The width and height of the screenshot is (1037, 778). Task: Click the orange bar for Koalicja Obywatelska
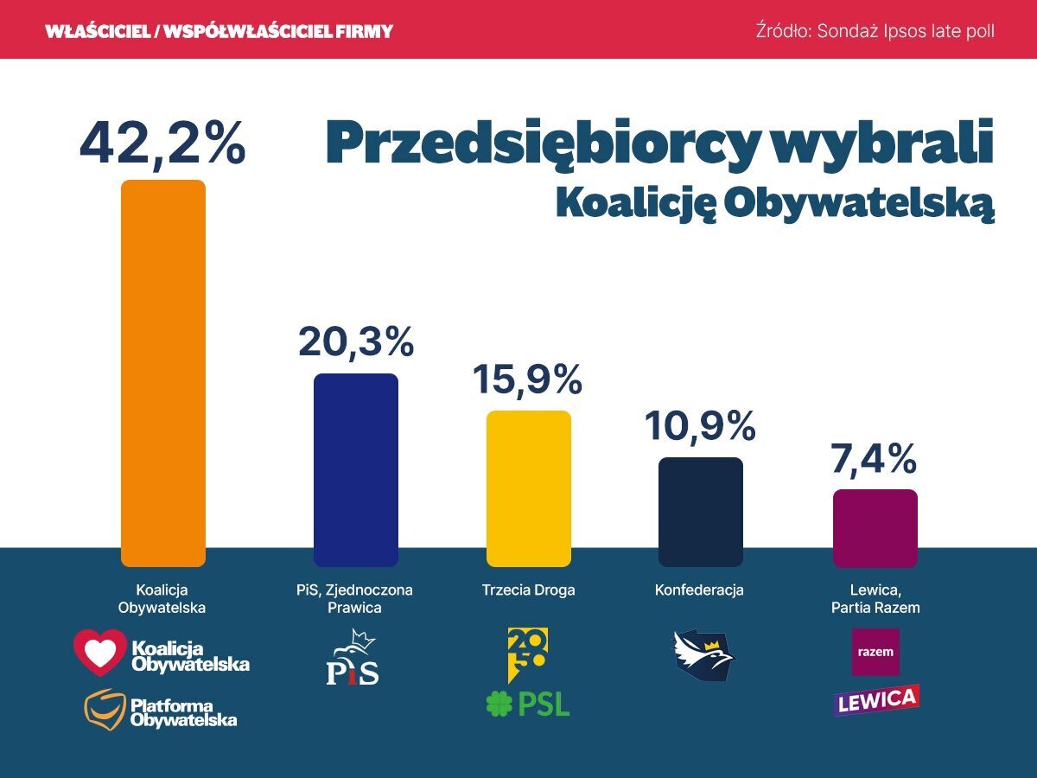coord(163,373)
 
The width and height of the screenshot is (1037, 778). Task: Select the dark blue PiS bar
coord(355,469)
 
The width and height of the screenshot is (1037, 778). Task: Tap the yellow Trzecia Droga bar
coord(529,488)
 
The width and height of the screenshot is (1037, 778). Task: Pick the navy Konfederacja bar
coord(700,512)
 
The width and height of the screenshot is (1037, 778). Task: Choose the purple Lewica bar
coord(875,527)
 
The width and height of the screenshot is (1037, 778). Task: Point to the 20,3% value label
coord(356,342)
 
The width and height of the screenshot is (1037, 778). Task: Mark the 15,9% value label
coord(528,380)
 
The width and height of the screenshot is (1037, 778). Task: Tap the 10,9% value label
coord(700,426)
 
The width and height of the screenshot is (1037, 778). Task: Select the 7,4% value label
coord(875,459)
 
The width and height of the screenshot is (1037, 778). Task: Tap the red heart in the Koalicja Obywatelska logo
coord(99,653)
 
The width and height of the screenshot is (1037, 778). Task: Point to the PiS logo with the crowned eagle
coord(353,659)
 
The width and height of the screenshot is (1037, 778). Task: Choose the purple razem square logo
coord(875,652)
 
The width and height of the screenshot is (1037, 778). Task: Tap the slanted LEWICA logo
coord(876,699)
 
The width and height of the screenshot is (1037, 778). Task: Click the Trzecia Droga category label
coord(528,590)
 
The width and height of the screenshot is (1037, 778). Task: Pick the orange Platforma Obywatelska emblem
coord(104,709)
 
